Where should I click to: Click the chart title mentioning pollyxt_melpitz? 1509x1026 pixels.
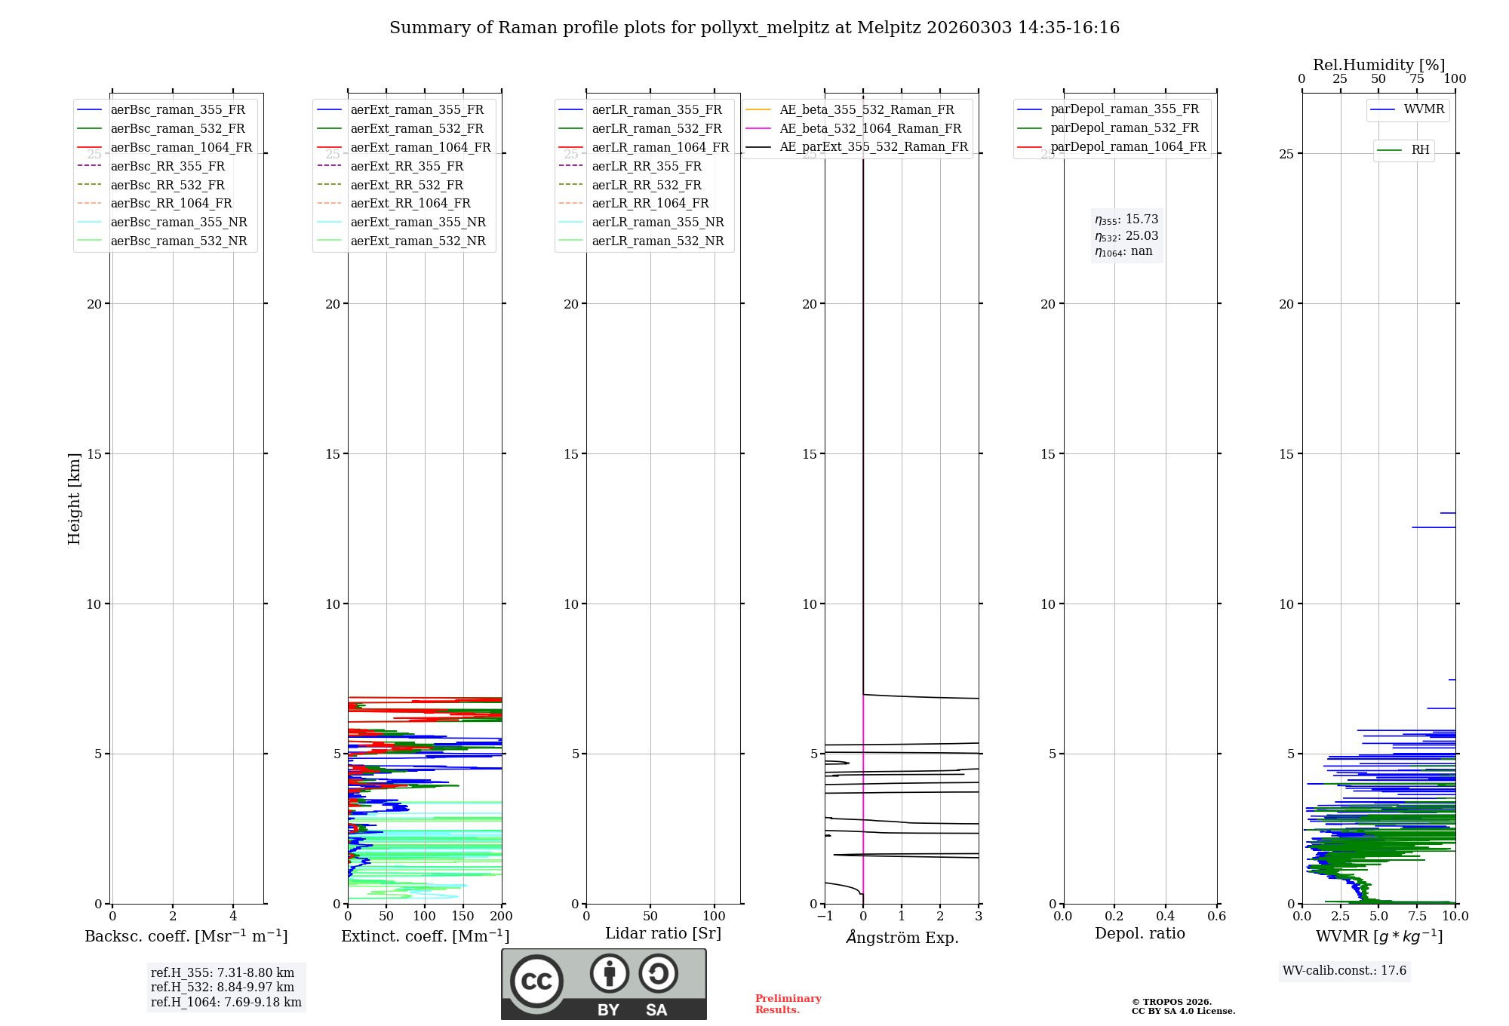[x=754, y=28]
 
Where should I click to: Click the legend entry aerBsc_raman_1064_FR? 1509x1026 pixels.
[x=181, y=148]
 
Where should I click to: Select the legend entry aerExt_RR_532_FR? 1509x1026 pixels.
[x=407, y=186]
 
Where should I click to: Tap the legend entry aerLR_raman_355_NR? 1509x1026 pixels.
[x=657, y=223]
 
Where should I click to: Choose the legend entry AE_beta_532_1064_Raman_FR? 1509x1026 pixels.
[x=870, y=129]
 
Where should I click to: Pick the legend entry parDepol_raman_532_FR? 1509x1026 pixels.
[x=1124, y=128]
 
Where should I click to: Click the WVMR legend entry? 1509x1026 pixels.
[x=1424, y=109]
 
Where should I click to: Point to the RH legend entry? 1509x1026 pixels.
[x=1420, y=150]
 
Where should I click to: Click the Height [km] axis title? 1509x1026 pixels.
[x=74, y=499]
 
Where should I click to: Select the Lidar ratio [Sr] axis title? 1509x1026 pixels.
[x=663, y=934]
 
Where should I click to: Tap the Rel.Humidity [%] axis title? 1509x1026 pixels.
[x=1378, y=65]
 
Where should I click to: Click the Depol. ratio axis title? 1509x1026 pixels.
[x=1139, y=934]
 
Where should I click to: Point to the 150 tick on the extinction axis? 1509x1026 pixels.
[x=463, y=917]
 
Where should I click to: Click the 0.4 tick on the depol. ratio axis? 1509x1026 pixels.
[x=1166, y=917]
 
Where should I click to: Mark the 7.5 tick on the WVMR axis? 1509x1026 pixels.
[x=1417, y=917]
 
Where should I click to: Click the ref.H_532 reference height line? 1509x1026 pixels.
[x=223, y=988]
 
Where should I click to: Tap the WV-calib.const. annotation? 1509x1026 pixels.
[x=1345, y=971]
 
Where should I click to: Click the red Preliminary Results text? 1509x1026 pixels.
[x=788, y=1004]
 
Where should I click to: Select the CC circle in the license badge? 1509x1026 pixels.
[x=536, y=981]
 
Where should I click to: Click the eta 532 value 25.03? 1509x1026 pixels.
[x=1142, y=236]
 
